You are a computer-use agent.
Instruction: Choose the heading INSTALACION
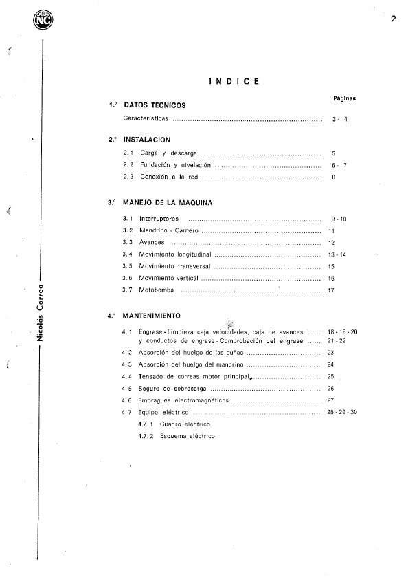pos(147,140)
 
